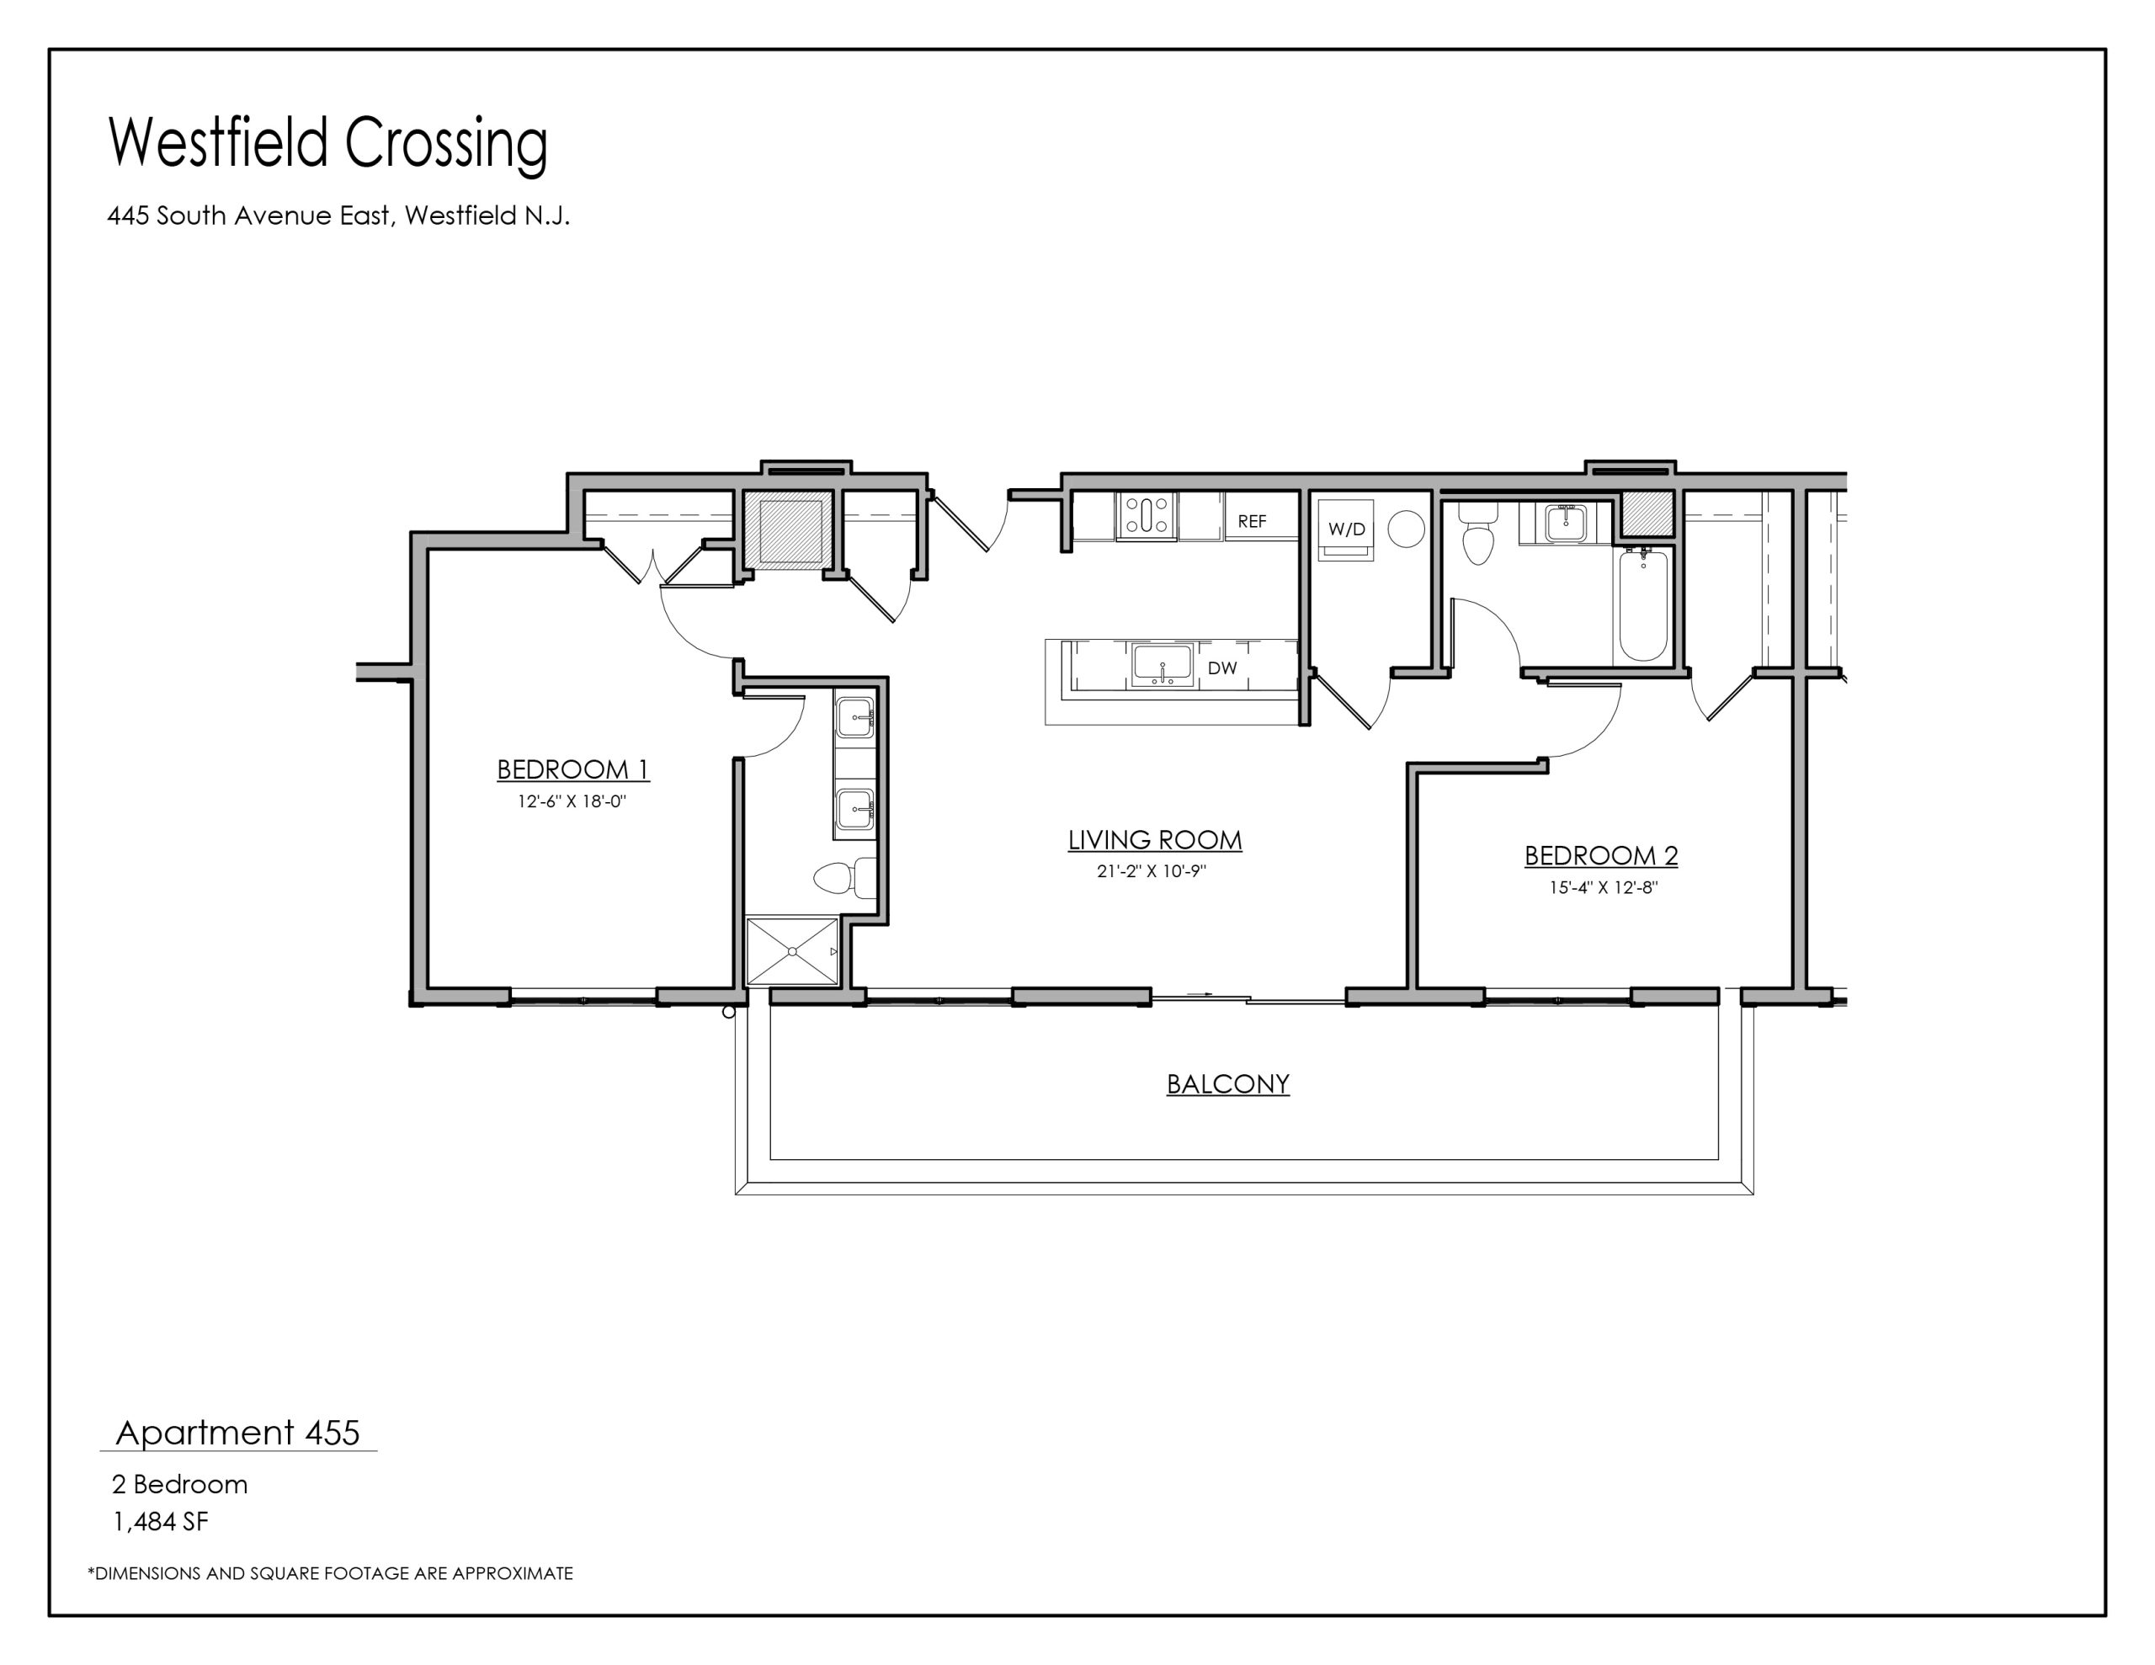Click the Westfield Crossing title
click(327, 144)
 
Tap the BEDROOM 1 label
click(572, 769)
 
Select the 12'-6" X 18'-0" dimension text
click(572, 801)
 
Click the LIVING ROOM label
click(1154, 840)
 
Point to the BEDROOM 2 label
click(1601, 856)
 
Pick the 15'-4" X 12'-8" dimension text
click(1604, 887)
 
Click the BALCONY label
click(1227, 1083)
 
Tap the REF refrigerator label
click(1252, 521)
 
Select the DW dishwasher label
click(1221, 668)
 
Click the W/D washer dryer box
click(1346, 528)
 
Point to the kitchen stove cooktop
click(1146, 515)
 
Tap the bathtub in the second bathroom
click(1642, 605)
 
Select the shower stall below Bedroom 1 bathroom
click(792, 950)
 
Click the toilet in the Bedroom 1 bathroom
click(846, 877)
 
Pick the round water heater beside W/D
click(1406, 529)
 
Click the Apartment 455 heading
click(237, 1432)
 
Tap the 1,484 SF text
click(161, 1522)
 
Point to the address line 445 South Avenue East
click(338, 215)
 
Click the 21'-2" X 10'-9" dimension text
click(1152, 871)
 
